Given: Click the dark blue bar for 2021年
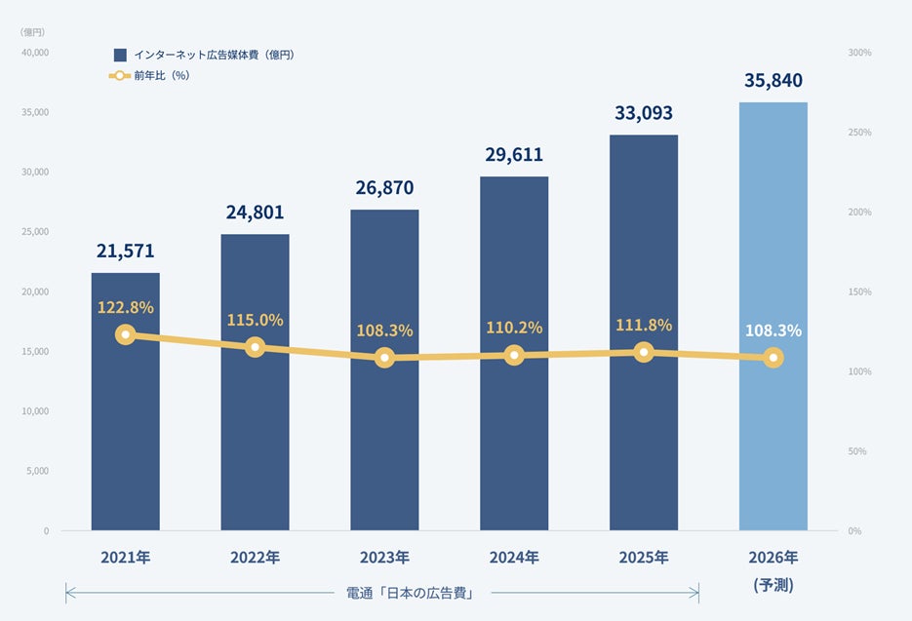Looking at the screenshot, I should tap(125, 439).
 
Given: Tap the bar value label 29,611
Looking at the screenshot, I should tap(514, 155).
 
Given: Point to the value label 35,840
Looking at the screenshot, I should tap(773, 81).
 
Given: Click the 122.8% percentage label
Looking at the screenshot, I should tap(125, 307).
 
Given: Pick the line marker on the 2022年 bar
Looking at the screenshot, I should tap(255, 347).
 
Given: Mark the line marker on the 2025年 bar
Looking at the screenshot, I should tap(643, 352).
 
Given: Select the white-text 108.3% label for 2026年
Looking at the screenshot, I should tap(773, 330).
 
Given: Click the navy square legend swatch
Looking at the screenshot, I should tap(120, 56).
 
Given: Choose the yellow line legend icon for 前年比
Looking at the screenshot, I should tap(119, 75).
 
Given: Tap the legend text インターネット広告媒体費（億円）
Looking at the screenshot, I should tap(214, 56).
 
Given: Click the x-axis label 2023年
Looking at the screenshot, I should tap(384, 559).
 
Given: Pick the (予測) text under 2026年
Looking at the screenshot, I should tap(773, 585).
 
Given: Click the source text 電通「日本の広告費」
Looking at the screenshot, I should tap(410, 593).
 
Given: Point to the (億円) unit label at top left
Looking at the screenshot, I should tap(32, 32).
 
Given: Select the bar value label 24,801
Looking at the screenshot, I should tap(255, 213).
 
